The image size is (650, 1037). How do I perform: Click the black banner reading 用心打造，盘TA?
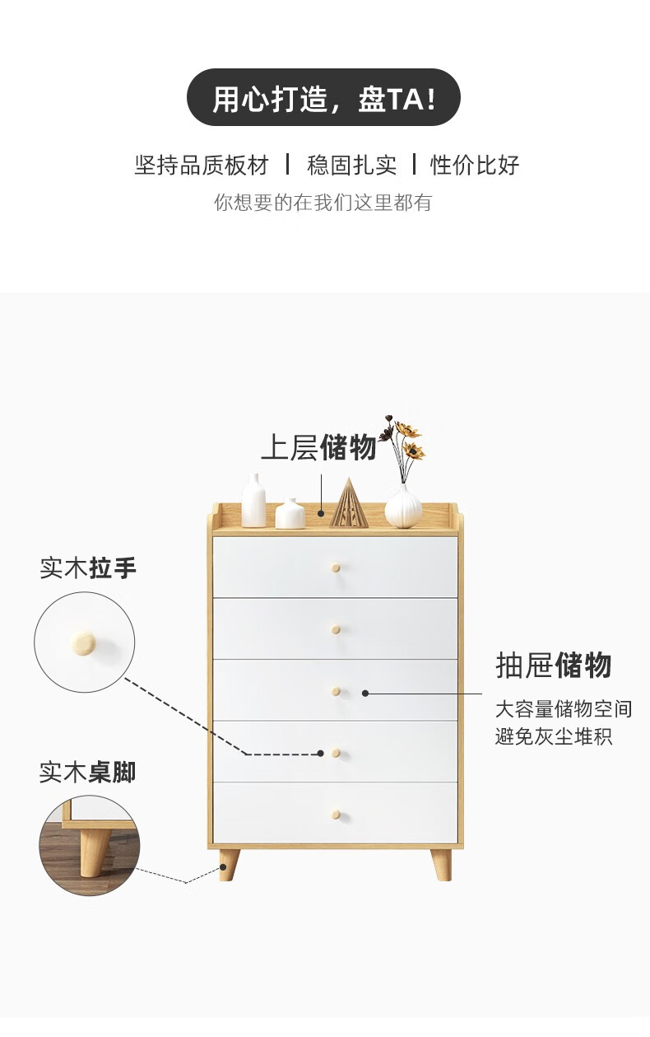(x=323, y=98)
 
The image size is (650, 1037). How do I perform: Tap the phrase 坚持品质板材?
(x=202, y=165)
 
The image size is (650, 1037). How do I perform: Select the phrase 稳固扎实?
(x=351, y=165)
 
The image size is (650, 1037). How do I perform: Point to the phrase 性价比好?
(x=475, y=165)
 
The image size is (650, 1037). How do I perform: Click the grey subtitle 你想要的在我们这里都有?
(x=323, y=203)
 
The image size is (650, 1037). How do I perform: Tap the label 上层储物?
(x=318, y=447)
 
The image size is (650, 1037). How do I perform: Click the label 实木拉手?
(x=88, y=568)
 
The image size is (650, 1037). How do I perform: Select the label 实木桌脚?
(x=87, y=773)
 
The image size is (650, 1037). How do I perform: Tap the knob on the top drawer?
(x=336, y=568)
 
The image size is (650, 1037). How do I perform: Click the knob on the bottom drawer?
(x=336, y=815)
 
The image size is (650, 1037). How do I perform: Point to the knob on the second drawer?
(x=336, y=630)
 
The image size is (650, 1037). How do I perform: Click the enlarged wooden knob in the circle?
(x=83, y=643)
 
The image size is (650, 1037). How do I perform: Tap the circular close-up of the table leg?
(x=89, y=846)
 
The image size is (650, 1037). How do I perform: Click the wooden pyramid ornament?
(x=349, y=503)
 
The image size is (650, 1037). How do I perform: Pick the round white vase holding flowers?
(x=403, y=506)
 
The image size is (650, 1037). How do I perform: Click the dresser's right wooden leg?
(x=442, y=864)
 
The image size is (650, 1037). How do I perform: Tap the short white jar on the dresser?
(x=290, y=513)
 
